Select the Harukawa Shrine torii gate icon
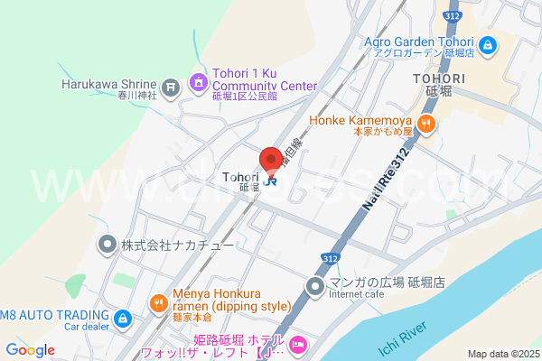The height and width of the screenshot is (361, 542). [x=171, y=87]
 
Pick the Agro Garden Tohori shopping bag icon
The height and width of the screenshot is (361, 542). [x=487, y=43]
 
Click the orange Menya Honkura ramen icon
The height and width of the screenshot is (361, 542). [x=157, y=302]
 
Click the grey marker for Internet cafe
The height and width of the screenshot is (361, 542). [x=315, y=287]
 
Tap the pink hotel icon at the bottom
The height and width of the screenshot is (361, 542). [x=298, y=344]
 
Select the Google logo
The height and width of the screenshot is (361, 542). [x=30, y=350]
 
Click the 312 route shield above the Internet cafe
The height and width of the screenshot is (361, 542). [x=331, y=259]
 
